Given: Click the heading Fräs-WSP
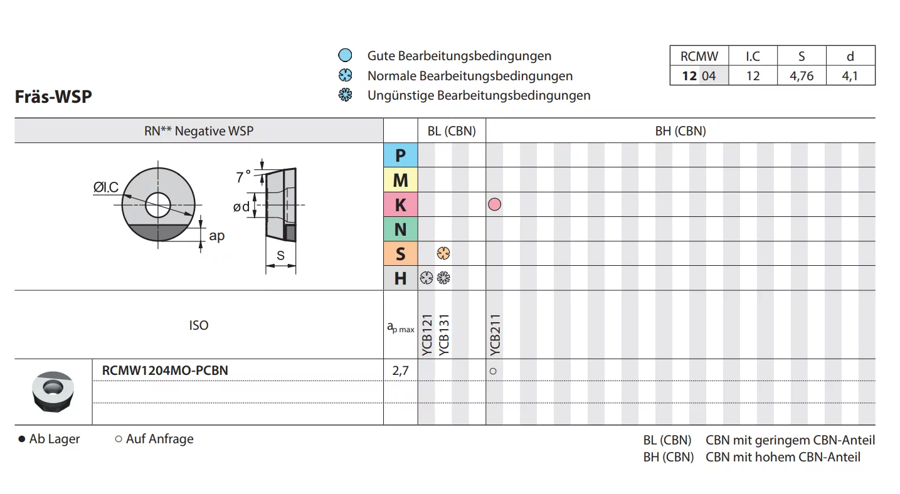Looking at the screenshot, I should point(53,97).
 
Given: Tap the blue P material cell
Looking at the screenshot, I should point(400,155).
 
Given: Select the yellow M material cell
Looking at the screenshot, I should point(400,180).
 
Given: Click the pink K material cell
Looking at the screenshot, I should point(400,205).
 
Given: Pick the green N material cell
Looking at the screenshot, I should point(400,229).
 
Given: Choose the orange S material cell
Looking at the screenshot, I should point(400,254).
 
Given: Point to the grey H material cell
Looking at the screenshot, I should point(400,278).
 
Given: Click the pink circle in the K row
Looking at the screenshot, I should point(494,204).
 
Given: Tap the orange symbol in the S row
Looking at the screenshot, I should point(443,254).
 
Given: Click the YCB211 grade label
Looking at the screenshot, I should point(495,335).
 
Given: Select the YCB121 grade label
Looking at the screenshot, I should point(427,335).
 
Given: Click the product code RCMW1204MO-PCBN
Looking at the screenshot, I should point(165,370).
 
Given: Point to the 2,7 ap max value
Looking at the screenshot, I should point(400,370).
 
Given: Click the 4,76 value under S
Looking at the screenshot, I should point(802,76).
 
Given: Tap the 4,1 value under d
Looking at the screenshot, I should point(850,76).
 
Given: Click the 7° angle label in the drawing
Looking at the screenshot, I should point(243,177).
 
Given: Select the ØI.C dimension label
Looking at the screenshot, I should point(106,187).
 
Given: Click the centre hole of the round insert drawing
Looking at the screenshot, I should point(158,204).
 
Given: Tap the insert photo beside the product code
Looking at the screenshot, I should point(53,391).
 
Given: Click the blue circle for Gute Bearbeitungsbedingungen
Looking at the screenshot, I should point(345,56).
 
